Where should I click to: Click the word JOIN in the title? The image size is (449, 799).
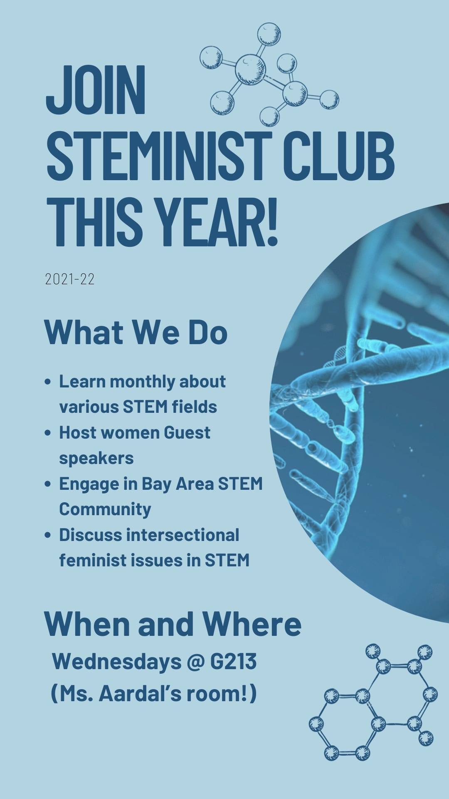[96, 89]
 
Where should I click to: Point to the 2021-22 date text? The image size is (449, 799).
[70, 279]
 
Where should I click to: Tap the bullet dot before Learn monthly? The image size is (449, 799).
[48, 381]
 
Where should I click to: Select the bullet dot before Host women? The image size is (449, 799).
[48, 433]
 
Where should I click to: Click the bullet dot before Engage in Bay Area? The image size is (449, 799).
[48, 484]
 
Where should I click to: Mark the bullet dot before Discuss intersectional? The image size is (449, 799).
[48, 535]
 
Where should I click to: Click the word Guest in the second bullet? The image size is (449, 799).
[187, 433]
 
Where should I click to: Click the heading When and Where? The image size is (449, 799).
[173, 624]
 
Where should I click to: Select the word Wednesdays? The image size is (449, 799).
[117, 661]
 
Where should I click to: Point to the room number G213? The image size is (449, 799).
[233, 661]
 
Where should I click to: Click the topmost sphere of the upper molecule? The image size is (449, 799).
[269, 34]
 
